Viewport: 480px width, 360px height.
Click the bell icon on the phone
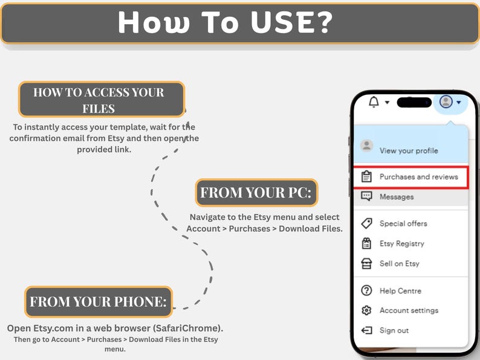pyautogui.click(x=374, y=101)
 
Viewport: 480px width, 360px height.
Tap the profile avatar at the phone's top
pyautogui.click(x=446, y=101)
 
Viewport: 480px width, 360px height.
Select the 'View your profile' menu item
pyautogui.click(x=409, y=150)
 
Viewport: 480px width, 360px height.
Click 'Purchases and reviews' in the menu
pyautogui.click(x=419, y=177)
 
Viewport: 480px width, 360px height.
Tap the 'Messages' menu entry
pyautogui.click(x=397, y=197)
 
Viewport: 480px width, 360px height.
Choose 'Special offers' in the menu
pyautogui.click(x=403, y=223)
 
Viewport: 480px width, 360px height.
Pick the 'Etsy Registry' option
pyautogui.click(x=402, y=243)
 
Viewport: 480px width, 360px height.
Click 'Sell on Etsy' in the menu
pyautogui.click(x=400, y=263)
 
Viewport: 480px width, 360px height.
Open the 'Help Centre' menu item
pyautogui.click(x=400, y=291)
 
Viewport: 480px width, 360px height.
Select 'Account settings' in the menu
pyautogui.click(x=409, y=310)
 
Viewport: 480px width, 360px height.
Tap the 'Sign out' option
pyautogui.click(x=394, y=330)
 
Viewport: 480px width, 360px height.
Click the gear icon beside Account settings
pyautogui.click(x=366, y=310)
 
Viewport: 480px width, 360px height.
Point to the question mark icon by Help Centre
pyautogui.click(x=366, y=291)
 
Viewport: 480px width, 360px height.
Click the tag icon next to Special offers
pyautogui.click(x=366, y=223)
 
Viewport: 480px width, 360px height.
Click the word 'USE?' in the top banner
pyautogui.click(x=291, y=22)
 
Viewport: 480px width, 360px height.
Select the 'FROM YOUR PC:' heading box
pyautogui.click(x=256, y=193)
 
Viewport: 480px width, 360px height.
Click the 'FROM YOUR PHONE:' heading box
pyautogui.click(x=99, y=302)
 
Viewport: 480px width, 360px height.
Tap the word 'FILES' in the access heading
pyautogui.click(x=99, y=109)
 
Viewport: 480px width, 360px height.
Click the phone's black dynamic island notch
pyautogui.click(x=414, y=103)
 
